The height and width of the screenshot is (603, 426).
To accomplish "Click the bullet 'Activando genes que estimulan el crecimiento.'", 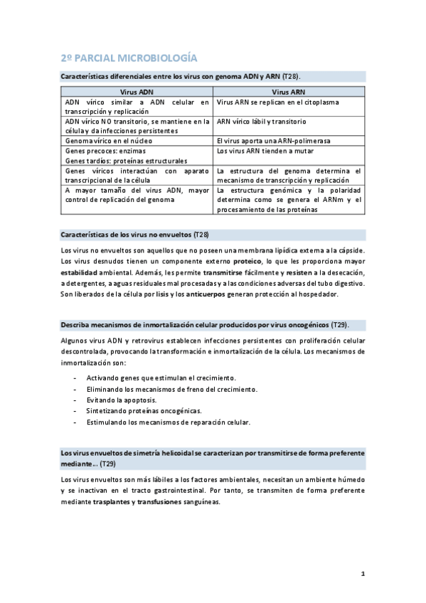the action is click(161, 378).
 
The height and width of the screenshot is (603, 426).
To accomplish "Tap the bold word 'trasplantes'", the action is click(114, 501).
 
